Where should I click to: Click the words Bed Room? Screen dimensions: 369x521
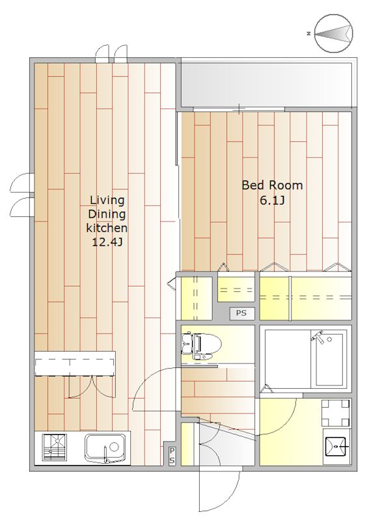[272, 185]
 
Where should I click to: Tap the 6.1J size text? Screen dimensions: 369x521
[272, 201]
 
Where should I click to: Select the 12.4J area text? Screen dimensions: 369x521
[107, 242]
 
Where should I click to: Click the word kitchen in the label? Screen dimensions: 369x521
[107, 228]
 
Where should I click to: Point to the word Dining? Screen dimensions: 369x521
[107, 214]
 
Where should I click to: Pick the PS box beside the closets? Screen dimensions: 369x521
[241, 313]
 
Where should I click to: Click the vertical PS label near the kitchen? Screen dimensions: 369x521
[172, 455]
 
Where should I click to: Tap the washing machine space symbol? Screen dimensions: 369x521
[335, 413]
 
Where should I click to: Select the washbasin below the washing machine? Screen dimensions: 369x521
[336, 447]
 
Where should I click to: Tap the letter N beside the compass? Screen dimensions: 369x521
[309, 33]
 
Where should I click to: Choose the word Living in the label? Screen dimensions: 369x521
[107, 201]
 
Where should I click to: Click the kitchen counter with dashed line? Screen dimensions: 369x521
[75, 363]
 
